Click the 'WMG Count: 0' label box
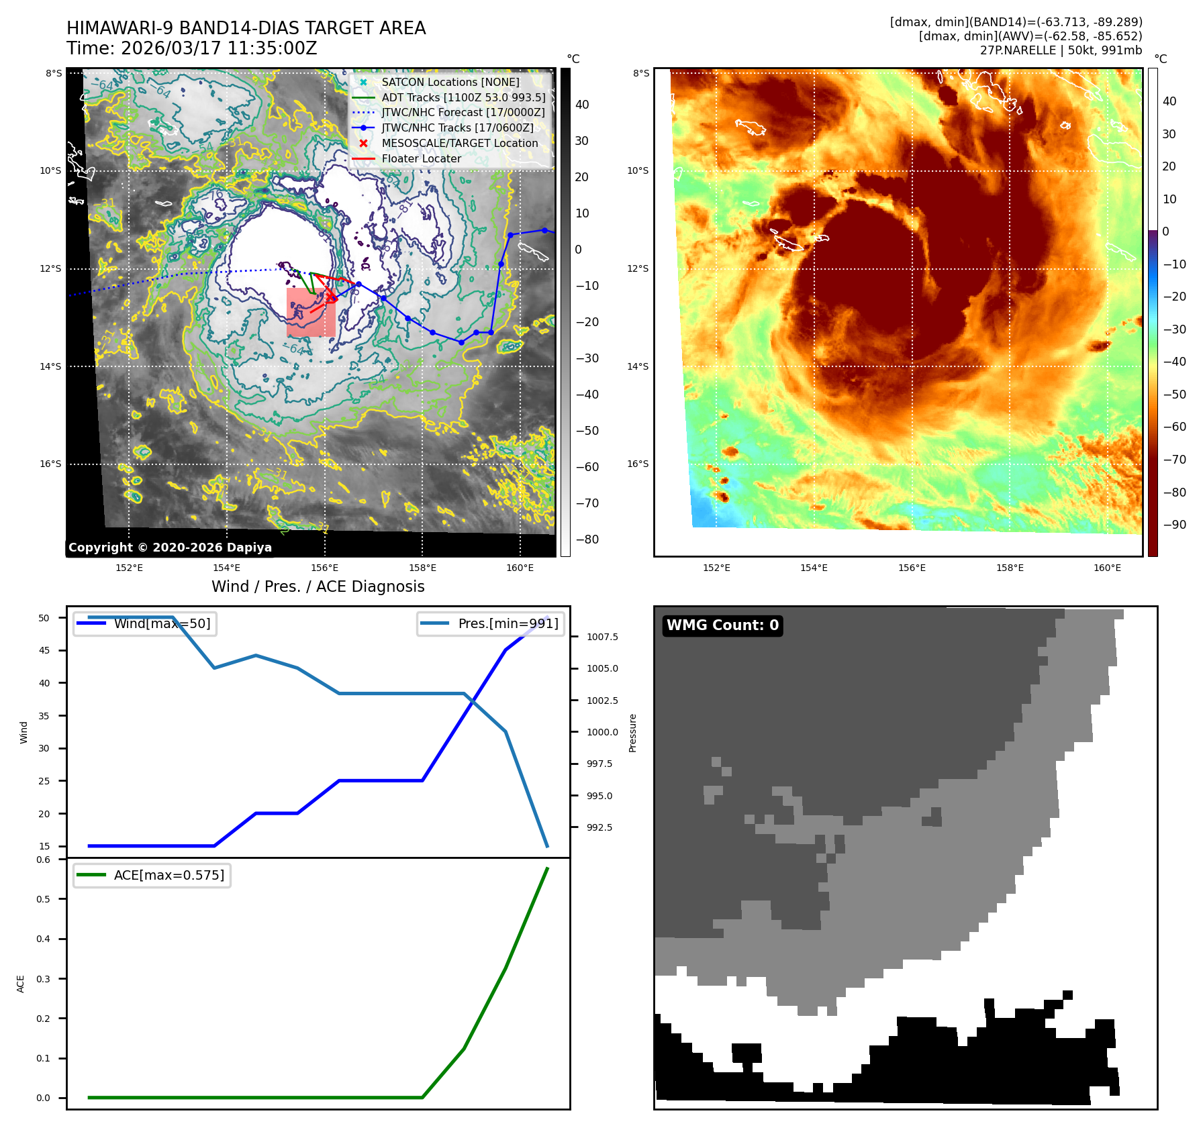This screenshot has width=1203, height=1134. coord(722,625)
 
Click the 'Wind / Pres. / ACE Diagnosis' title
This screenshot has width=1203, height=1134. coord(318,586)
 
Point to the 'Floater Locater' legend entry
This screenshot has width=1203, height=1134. coord(421,158)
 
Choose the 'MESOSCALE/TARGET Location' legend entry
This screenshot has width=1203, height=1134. coord(459,143)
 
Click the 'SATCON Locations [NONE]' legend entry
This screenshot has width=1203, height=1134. coord(450,82)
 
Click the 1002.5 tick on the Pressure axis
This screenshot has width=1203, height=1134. coord(602,701)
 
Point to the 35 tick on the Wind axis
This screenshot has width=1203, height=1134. coord(44,716)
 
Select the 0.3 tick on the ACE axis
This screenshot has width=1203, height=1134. coord(43,979)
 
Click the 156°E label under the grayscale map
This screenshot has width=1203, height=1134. coord(324,568)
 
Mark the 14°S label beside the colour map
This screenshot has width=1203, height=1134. coord(638,366)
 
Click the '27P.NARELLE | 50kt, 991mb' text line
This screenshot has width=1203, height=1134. coord(1061,50)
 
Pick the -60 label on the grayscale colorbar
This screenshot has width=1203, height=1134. coord(587,467)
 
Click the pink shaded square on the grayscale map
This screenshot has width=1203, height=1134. coord(311,313)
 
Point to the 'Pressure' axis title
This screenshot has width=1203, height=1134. coord(632,733)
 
